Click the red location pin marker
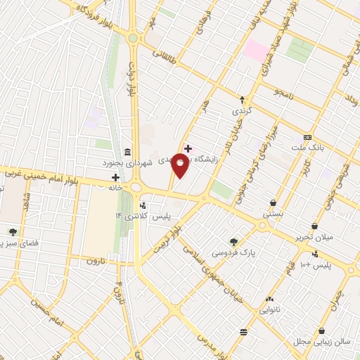(180, 166)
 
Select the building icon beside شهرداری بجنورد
(127, 152)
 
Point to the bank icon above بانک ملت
(307, 137)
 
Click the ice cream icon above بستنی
(272, 202)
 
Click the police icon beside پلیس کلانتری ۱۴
(143, 206)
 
